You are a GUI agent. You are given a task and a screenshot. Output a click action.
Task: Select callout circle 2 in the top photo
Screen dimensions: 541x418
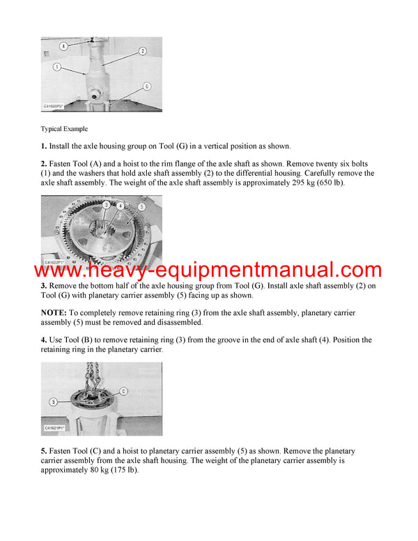click(142, 51)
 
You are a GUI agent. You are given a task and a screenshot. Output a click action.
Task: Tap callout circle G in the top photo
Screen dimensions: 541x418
click(146, 86)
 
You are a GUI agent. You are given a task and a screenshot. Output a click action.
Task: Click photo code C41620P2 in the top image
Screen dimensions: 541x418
click(54, 107)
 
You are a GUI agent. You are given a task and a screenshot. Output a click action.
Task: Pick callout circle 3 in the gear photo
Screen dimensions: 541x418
click(106, 205)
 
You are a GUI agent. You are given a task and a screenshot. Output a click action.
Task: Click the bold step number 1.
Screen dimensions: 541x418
click(44, 146)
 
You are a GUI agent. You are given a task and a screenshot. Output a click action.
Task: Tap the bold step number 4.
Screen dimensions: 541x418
click(44, 340)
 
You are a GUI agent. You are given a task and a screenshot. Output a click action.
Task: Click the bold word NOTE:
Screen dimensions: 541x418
click(54, 313)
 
